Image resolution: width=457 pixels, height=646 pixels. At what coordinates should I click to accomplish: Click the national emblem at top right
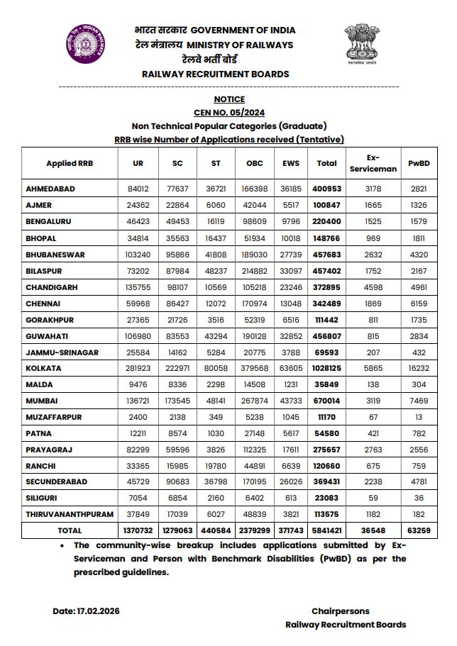click(362, 44)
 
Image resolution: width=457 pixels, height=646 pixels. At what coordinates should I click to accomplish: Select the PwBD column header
click(418, 164)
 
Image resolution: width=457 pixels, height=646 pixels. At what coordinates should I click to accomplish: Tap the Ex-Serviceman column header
click(373, 164)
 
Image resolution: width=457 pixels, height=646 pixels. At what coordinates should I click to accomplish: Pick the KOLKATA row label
click(44, 369)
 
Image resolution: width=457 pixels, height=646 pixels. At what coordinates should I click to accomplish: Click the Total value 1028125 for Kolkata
click(326, 369)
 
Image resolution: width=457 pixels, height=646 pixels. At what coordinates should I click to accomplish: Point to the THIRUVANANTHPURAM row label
click(64, 515)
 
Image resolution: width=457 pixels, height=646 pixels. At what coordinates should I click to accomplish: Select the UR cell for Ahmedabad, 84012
click(138, 189)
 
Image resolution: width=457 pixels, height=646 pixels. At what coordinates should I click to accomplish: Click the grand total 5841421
click(326, 530)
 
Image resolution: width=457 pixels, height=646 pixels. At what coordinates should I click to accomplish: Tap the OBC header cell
click(254, 164)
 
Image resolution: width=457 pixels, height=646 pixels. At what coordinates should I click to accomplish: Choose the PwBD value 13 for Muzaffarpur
click(418, 417)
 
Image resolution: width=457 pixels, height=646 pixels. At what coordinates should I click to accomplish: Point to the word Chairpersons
click(340, 611)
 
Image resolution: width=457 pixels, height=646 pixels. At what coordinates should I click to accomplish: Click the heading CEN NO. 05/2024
click(228, 113)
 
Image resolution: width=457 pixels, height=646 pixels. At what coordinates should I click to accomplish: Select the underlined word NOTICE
click(228, 99)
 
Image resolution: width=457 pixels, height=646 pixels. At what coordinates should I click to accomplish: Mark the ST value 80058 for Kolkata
click(216, 369)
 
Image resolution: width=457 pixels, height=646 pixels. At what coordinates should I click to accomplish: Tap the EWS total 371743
click(290, 530)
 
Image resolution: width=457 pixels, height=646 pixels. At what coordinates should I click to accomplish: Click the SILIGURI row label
click(42, 499)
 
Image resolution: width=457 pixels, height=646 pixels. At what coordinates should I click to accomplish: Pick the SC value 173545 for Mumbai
click(177, 401)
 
